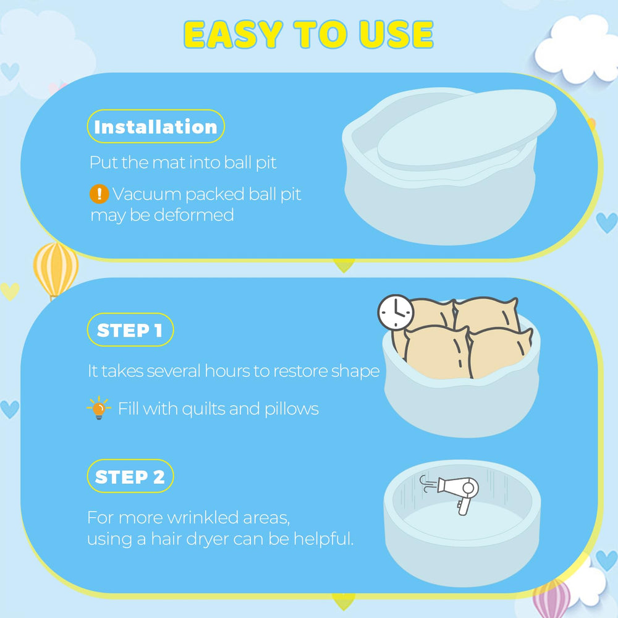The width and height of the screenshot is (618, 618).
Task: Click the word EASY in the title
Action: click(x=234, y=34)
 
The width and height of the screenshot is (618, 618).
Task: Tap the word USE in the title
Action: click(x=396, y=34)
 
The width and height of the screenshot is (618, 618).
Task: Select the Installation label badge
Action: click(x=156, y=127)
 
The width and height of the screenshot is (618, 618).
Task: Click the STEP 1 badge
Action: click(x=130, y=330)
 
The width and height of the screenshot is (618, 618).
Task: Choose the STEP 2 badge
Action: click(x=130, y=476)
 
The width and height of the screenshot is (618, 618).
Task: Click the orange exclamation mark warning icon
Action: click(x=99, y=194)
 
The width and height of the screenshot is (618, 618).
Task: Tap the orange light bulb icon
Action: click(x=98, y=408)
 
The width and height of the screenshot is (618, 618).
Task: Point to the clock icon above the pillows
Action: click(x=396, y=313)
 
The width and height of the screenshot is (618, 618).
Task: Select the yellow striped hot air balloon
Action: click(x=56, y=269)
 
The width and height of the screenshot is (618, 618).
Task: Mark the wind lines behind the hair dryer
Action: click(x=428, y=484)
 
